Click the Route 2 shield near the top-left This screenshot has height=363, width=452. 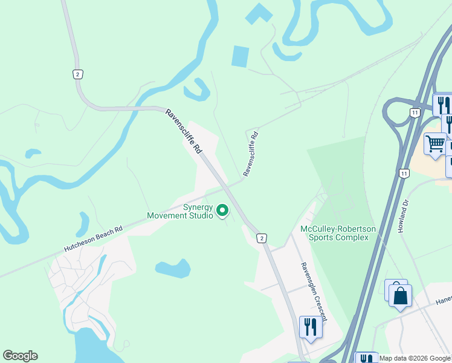tap(77, 74)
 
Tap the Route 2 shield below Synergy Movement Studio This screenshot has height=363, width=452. tap(261, 238)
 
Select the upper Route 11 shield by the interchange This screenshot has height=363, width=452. tap(414, 113)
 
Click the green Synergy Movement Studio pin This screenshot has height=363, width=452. tap(222, 210)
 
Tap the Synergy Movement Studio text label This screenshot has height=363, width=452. tap(180, 211)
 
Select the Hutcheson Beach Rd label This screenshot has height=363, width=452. tap(93, 240)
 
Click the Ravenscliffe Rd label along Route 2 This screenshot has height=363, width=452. tap(184, 131)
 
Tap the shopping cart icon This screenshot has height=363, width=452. tap(434, 144)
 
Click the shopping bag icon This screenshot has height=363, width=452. tap(400, 296)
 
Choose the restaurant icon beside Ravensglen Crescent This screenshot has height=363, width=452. tap(311, 327)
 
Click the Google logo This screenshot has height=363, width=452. tap(20, 356)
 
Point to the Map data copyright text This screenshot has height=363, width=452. tap(415, 358)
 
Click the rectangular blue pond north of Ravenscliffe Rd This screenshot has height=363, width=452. tap(240, 56)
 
